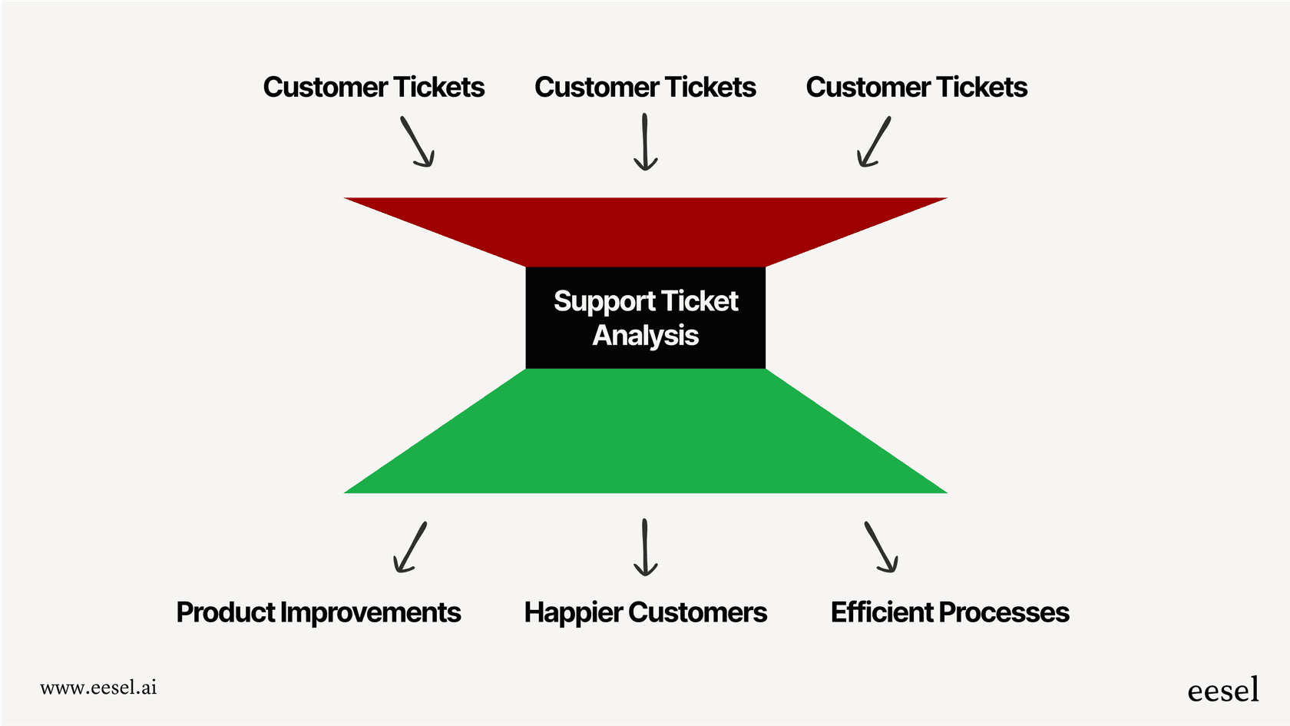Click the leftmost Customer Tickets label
click(373, 88)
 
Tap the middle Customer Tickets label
click(645, 88)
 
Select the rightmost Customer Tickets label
click(916, 88)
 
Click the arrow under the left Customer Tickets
click(418, 141)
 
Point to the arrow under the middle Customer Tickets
click(645, 142)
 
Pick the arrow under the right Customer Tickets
click(874, 141)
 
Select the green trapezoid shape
click(645, 438)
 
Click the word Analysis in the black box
click(645, 336)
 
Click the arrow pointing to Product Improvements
click(410, 547)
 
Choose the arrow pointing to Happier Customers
click(645, 547)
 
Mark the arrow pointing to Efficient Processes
click(881, 547)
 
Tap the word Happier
click(573, 612)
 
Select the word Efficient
click(881, 612)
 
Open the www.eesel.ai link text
click(98, 688)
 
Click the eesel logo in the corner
click(1222, 690)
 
